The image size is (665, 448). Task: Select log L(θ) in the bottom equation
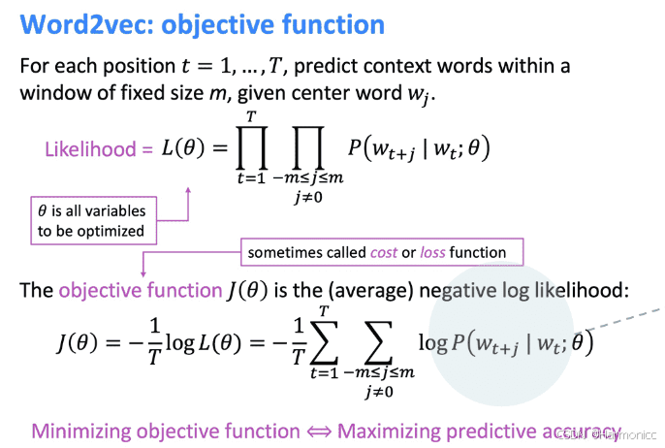[202, 345]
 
